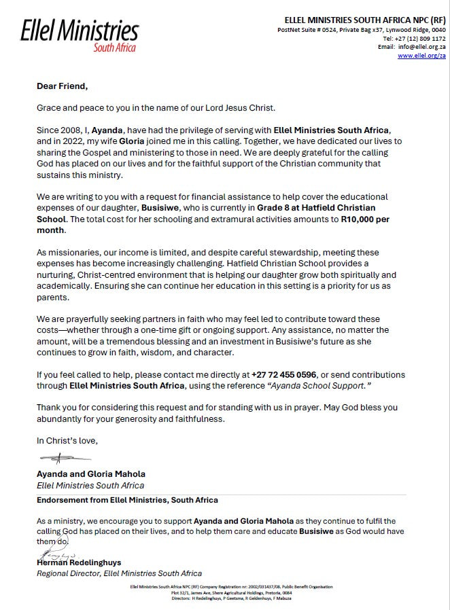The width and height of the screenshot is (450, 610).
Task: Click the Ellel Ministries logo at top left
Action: (x=80, y=34)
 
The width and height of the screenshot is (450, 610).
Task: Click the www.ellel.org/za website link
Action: (x=421, y=56)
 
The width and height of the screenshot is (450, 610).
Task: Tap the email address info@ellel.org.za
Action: (x=421, y=47)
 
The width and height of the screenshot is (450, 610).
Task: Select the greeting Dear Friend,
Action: (x=63, y=86)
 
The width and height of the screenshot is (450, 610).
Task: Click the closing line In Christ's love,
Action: (x=67, y=440)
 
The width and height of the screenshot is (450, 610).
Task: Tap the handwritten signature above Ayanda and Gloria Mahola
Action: (x=65, y=459)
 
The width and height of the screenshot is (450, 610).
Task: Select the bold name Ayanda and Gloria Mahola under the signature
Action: (x=91, y=474)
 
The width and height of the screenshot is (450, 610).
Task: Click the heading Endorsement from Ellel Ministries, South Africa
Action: (x=127, y=500)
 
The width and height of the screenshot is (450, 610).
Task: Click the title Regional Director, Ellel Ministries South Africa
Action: (x=119, y=573)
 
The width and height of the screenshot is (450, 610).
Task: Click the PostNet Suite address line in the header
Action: (x=362, y=30)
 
